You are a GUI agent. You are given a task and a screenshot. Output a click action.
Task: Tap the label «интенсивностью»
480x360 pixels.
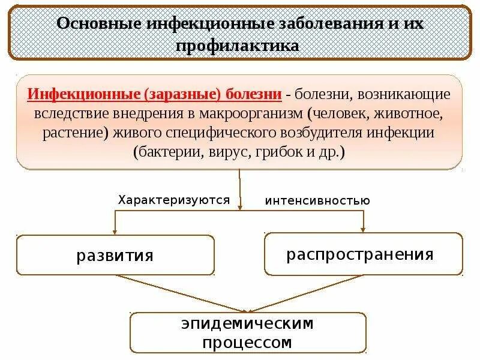tap(317, 200)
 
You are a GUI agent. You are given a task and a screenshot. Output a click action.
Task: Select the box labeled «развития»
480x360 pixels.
tap(115, 256)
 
